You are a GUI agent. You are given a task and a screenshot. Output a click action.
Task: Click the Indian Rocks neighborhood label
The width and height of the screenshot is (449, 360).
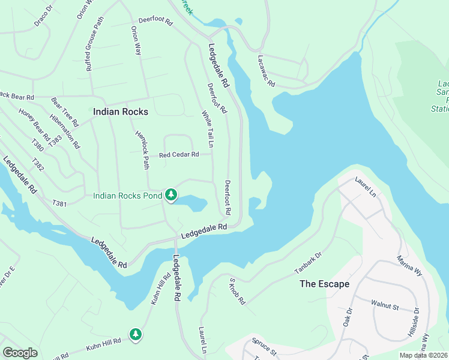120,112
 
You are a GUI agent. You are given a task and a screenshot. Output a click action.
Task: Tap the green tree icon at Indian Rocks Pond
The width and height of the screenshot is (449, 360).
172,195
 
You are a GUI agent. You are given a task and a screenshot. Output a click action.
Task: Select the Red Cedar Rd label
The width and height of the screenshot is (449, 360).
178,155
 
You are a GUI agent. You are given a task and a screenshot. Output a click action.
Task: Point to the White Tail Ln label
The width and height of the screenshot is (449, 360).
208,129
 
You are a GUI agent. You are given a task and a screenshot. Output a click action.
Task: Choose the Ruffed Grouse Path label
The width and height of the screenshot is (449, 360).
95,44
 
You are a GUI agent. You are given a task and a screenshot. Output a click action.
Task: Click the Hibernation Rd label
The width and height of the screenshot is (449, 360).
65,131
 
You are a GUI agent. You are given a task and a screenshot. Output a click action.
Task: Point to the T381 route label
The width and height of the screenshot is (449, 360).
59,204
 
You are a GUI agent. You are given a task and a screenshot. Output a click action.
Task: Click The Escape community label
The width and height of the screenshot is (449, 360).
325,284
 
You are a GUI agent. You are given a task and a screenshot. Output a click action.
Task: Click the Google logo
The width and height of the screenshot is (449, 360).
20,353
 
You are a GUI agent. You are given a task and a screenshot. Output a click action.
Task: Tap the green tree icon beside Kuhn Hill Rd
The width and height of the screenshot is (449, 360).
136,334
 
